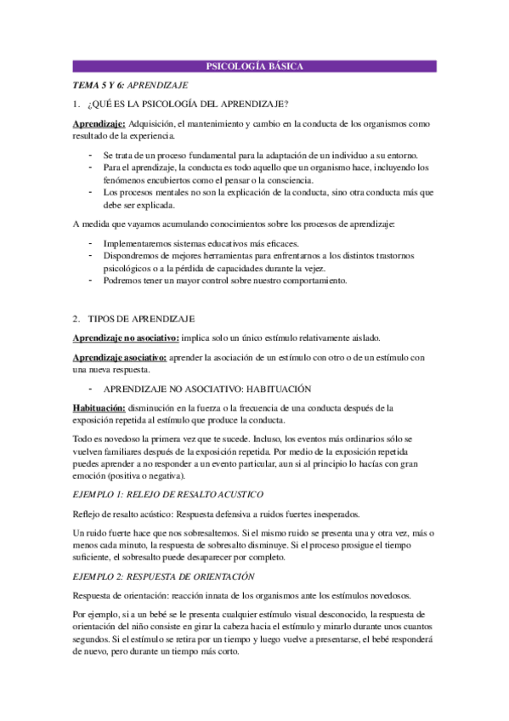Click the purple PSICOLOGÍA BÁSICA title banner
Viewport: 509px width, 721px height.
point(255,66)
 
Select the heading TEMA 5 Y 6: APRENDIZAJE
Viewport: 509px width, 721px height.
point(130,85)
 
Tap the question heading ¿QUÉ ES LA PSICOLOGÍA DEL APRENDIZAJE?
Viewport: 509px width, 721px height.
point(193,105)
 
